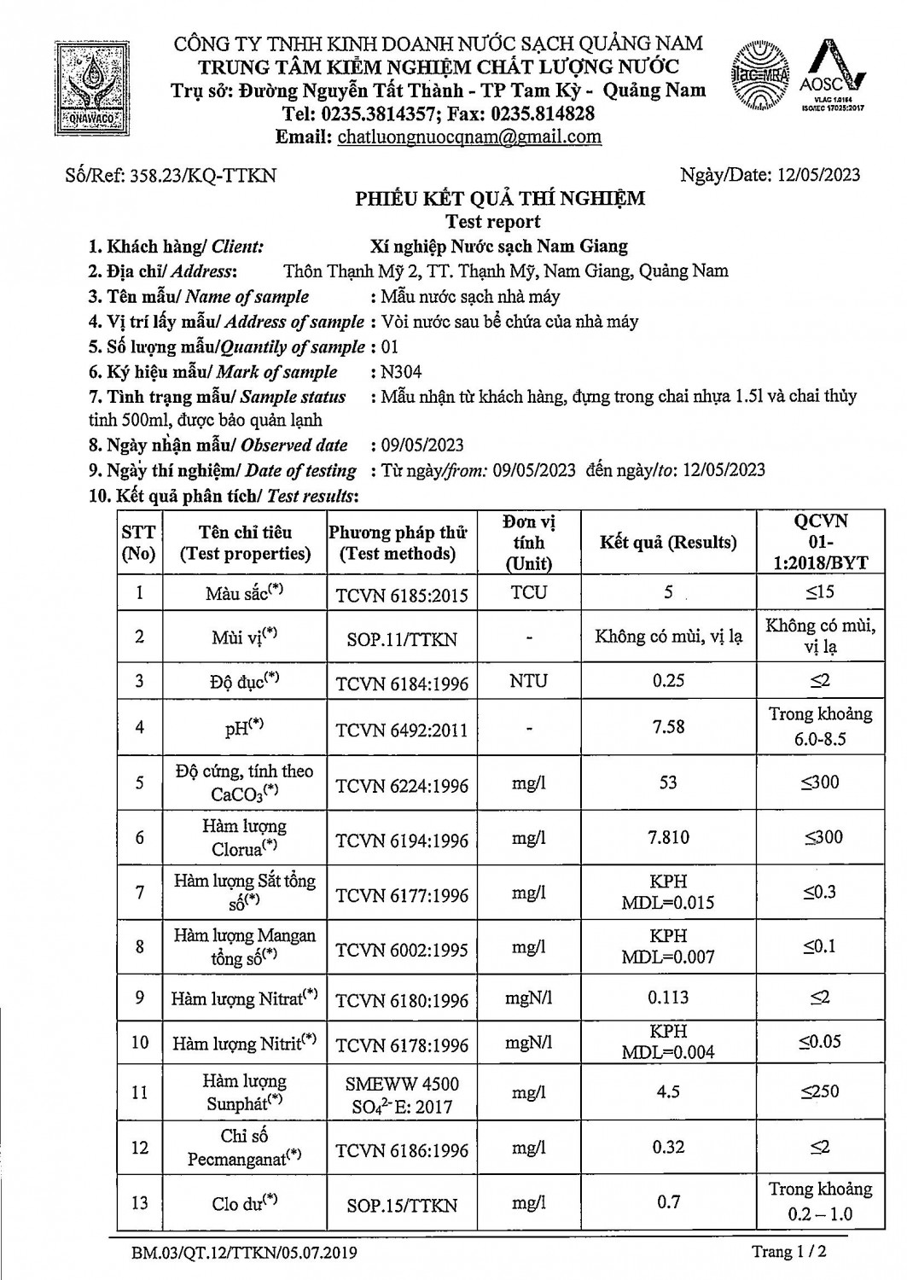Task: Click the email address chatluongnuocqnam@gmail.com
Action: point(469,137)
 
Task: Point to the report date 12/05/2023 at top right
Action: point(818,175)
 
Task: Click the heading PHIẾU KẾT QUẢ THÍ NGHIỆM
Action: point(500,199)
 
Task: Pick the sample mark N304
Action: point(402,371)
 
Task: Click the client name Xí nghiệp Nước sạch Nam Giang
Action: point(499,247)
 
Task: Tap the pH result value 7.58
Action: point(667,726)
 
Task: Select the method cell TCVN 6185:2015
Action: point(402,595)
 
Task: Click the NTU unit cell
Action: point(528,681)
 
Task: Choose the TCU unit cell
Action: point(528,592)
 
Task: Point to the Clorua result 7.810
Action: point(668,837)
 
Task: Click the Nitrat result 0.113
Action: point(668,997)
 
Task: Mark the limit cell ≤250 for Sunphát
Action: point(819,1091)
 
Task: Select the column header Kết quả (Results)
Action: point(667,542)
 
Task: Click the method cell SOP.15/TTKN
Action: point(402,1205)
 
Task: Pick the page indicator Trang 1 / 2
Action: point(789,1252)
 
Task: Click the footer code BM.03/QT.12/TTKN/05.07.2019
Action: point(244,1253)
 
